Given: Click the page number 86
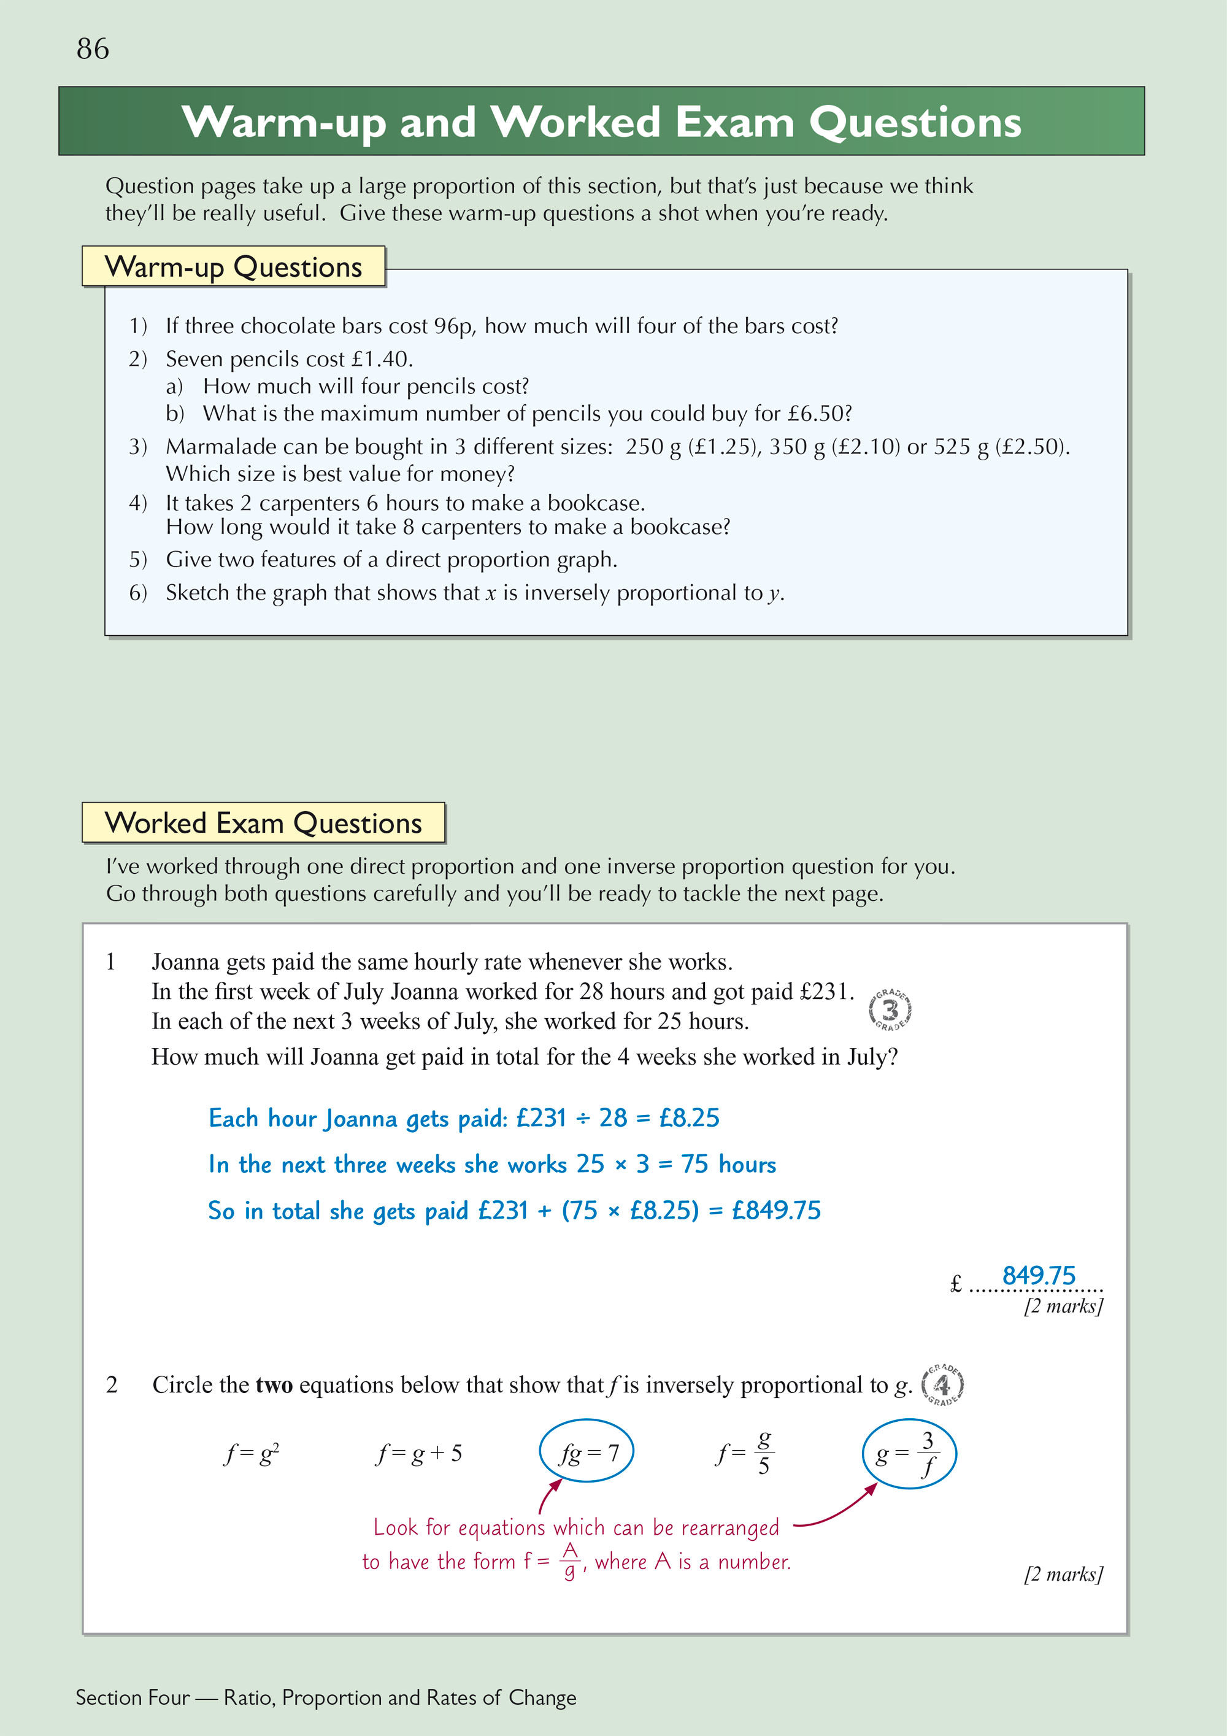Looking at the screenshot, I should pyautogui.click(x=93, y=49).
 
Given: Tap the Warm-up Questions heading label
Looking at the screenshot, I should pyautogui.click(x=234, y=267).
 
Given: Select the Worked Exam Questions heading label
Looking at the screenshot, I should pyautogui.click(x=263, y=823).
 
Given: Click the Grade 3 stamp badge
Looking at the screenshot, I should pyautogui.click(x=891, y=1009).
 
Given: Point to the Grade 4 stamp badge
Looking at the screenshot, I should pyautogui.click(x=943, y=1385).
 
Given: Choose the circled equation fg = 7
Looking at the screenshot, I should pyautogui.click(x=586, y=1452).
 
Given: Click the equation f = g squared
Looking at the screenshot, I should pyautogui.click(x=252, y=1453).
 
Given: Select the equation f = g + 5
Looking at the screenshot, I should pyautogui.click(x=420, y=1453).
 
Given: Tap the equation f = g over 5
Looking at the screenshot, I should pyautogui.click(x=745, y=1453).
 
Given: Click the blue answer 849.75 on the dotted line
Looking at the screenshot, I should pyautogui.click(x=1038, y=1276).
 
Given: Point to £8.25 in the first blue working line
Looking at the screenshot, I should pyautogui.click(x=689, y=1117).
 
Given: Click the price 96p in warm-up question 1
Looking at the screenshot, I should pyautogui.click(x=453, y=326).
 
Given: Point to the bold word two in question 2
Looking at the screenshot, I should pyautogui.click(x=274, y=1385).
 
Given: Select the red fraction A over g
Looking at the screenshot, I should pyautogui.click(x=570, y=1561).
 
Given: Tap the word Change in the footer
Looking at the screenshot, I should pyautogui.click(x=542, y=1697).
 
